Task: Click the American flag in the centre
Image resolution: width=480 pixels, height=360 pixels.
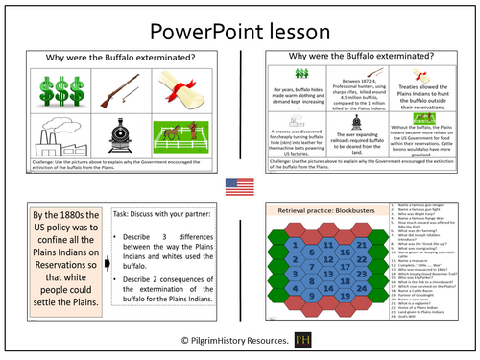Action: (x=240, y=184)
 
